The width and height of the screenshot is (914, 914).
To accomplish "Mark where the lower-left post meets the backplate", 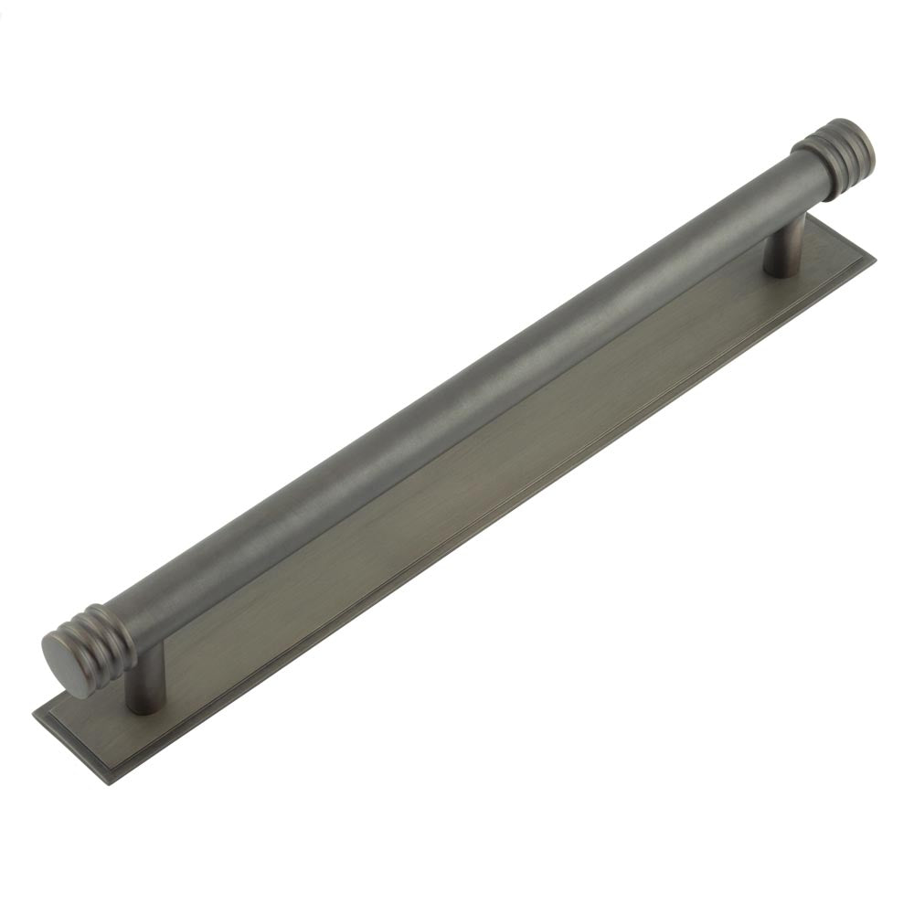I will coord(143,706).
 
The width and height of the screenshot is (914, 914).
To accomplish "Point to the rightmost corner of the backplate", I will coord(874,259).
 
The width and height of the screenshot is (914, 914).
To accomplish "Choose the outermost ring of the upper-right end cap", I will coord(855,137).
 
